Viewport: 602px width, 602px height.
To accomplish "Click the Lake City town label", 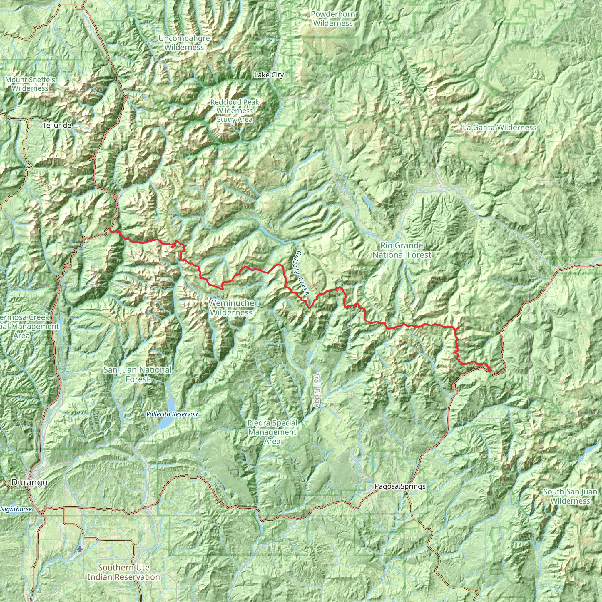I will tap(269, 75).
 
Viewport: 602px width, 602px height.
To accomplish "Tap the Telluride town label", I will tap(57, 125).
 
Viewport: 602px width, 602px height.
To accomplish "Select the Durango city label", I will tap(30, 482).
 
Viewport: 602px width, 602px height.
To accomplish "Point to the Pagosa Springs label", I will tap(400, 486).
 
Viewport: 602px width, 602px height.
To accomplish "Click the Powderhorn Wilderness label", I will tap(333, 19).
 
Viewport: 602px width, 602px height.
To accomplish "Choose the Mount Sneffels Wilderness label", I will tap(30, 84).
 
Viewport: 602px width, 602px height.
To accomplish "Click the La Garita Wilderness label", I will tap(499, 128).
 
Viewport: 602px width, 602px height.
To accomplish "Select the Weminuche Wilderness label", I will tap(231, 307).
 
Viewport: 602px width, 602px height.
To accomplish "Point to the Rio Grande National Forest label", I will tap(402, 250).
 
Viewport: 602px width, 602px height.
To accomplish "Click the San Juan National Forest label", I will tap(137, 374).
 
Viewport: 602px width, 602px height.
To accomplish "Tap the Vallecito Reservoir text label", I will tap(172, 414).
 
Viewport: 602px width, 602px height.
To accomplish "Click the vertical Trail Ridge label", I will tap(317, 390).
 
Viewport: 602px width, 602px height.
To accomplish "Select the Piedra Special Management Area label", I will tap(272, 432).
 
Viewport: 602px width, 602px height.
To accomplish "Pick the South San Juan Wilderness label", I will tap(570, 496).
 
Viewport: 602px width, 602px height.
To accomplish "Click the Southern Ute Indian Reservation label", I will tap(123, 572).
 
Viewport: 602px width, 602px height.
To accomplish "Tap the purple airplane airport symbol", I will tap(80, 549).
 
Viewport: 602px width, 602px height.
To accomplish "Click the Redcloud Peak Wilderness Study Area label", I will tap(234, 111).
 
